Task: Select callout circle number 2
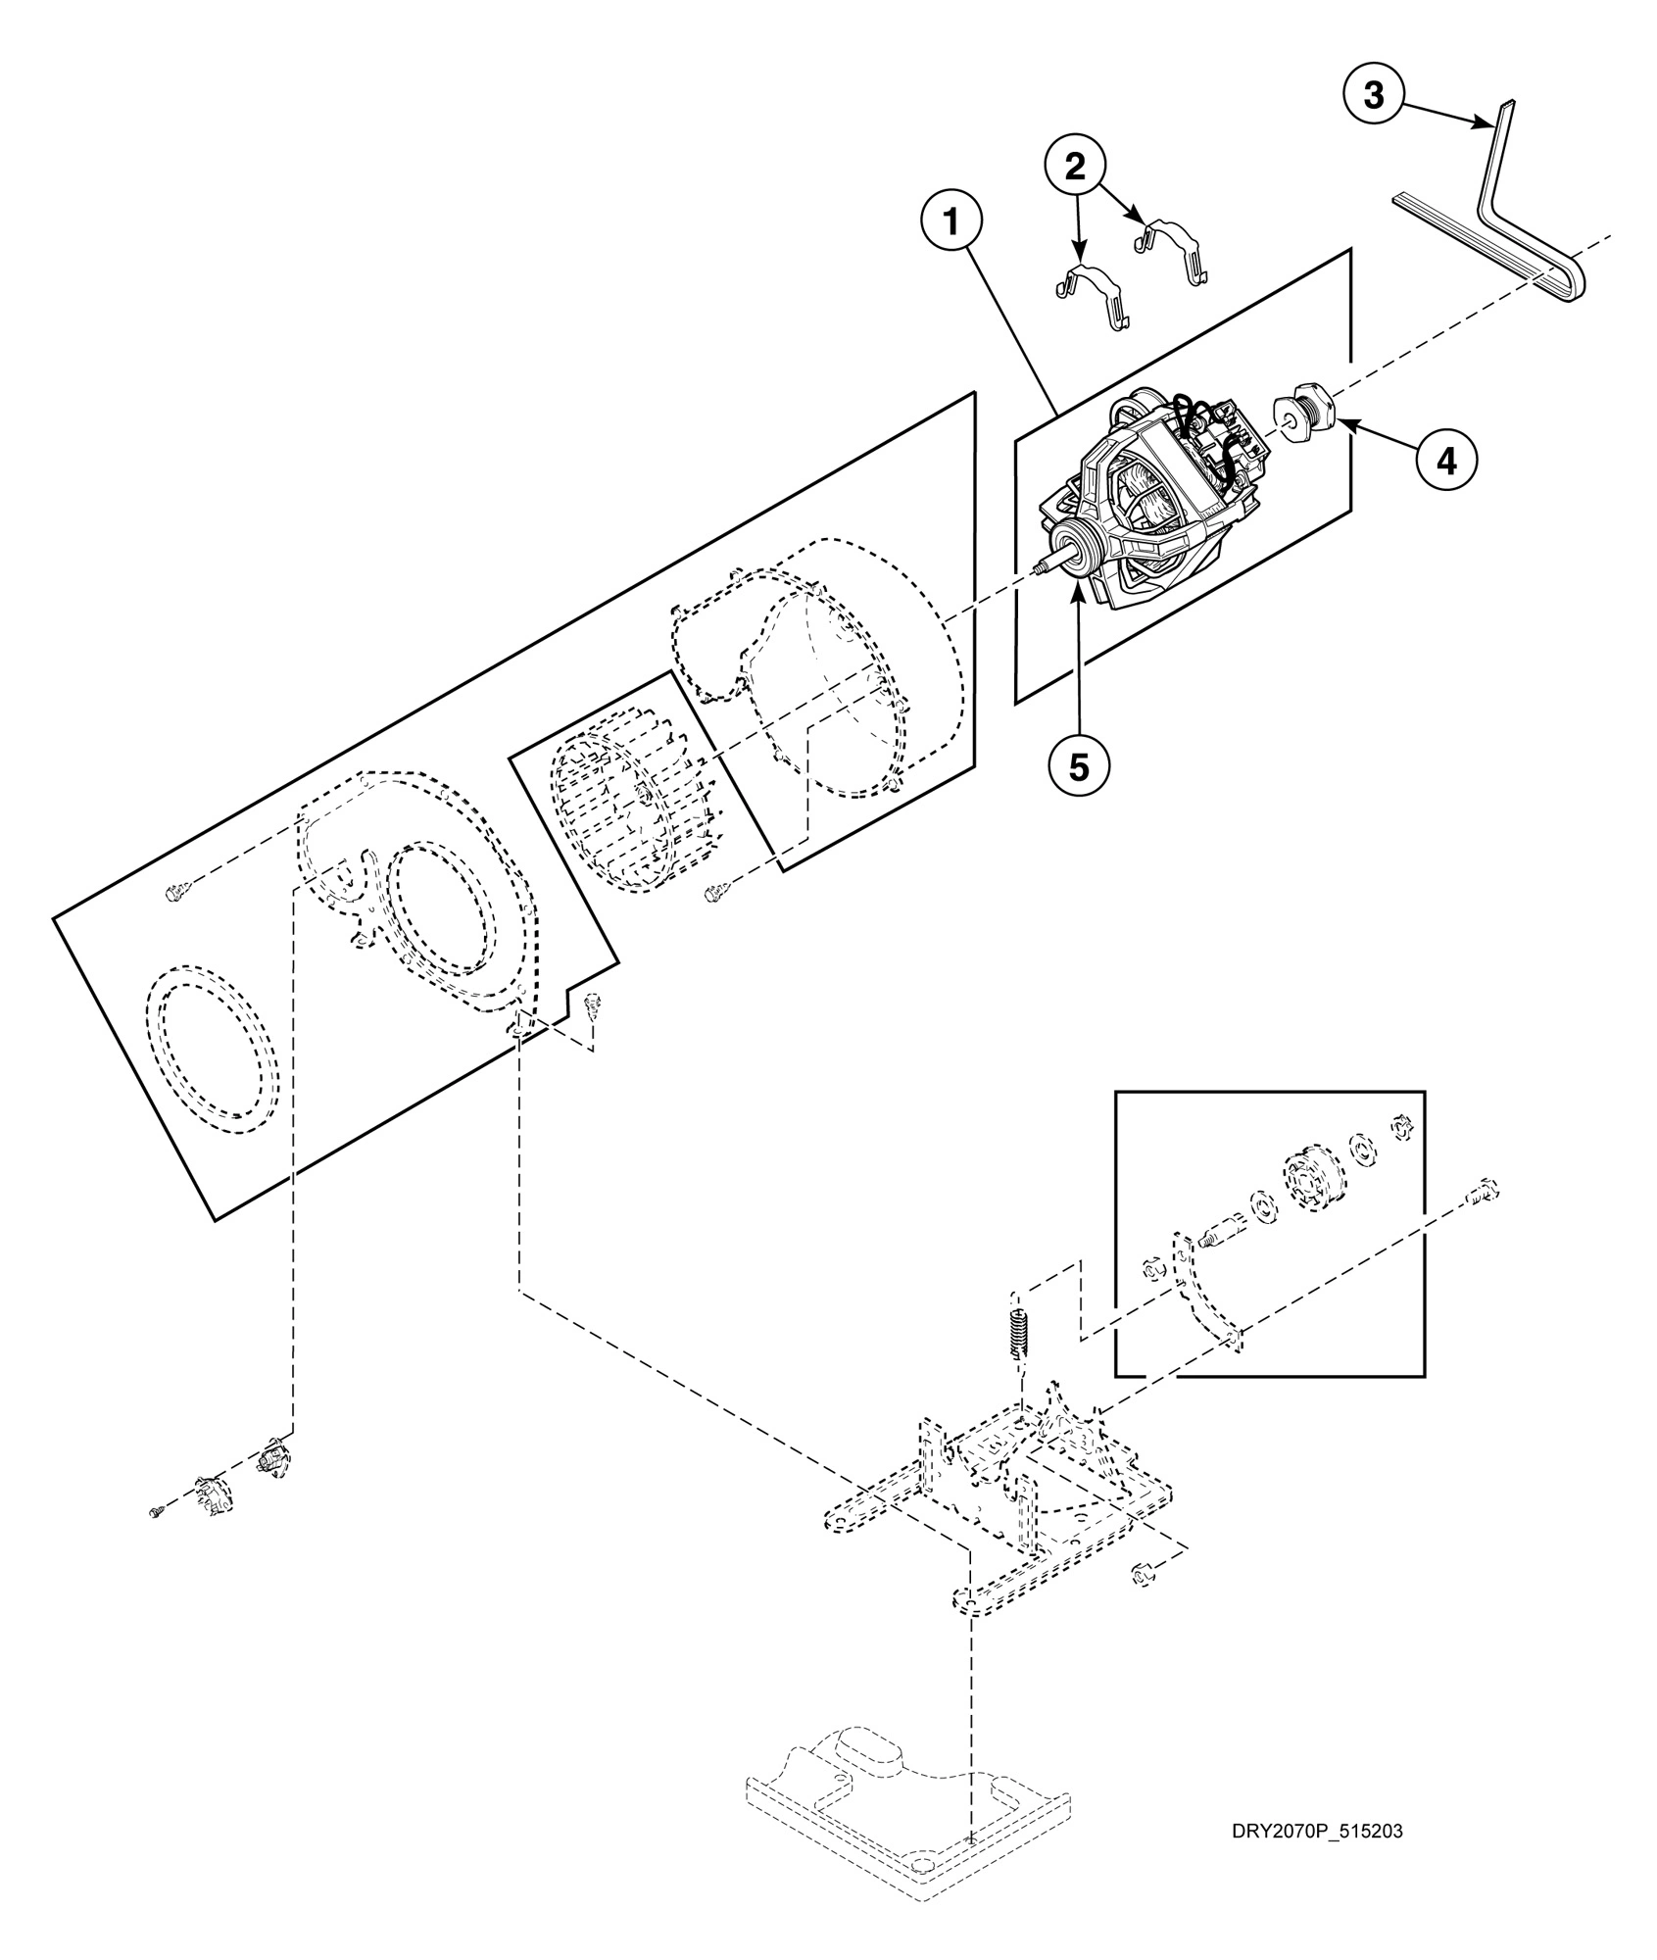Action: (1075, 168)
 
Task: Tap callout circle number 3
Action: (1374, 95)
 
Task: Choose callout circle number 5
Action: (1078, 766)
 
